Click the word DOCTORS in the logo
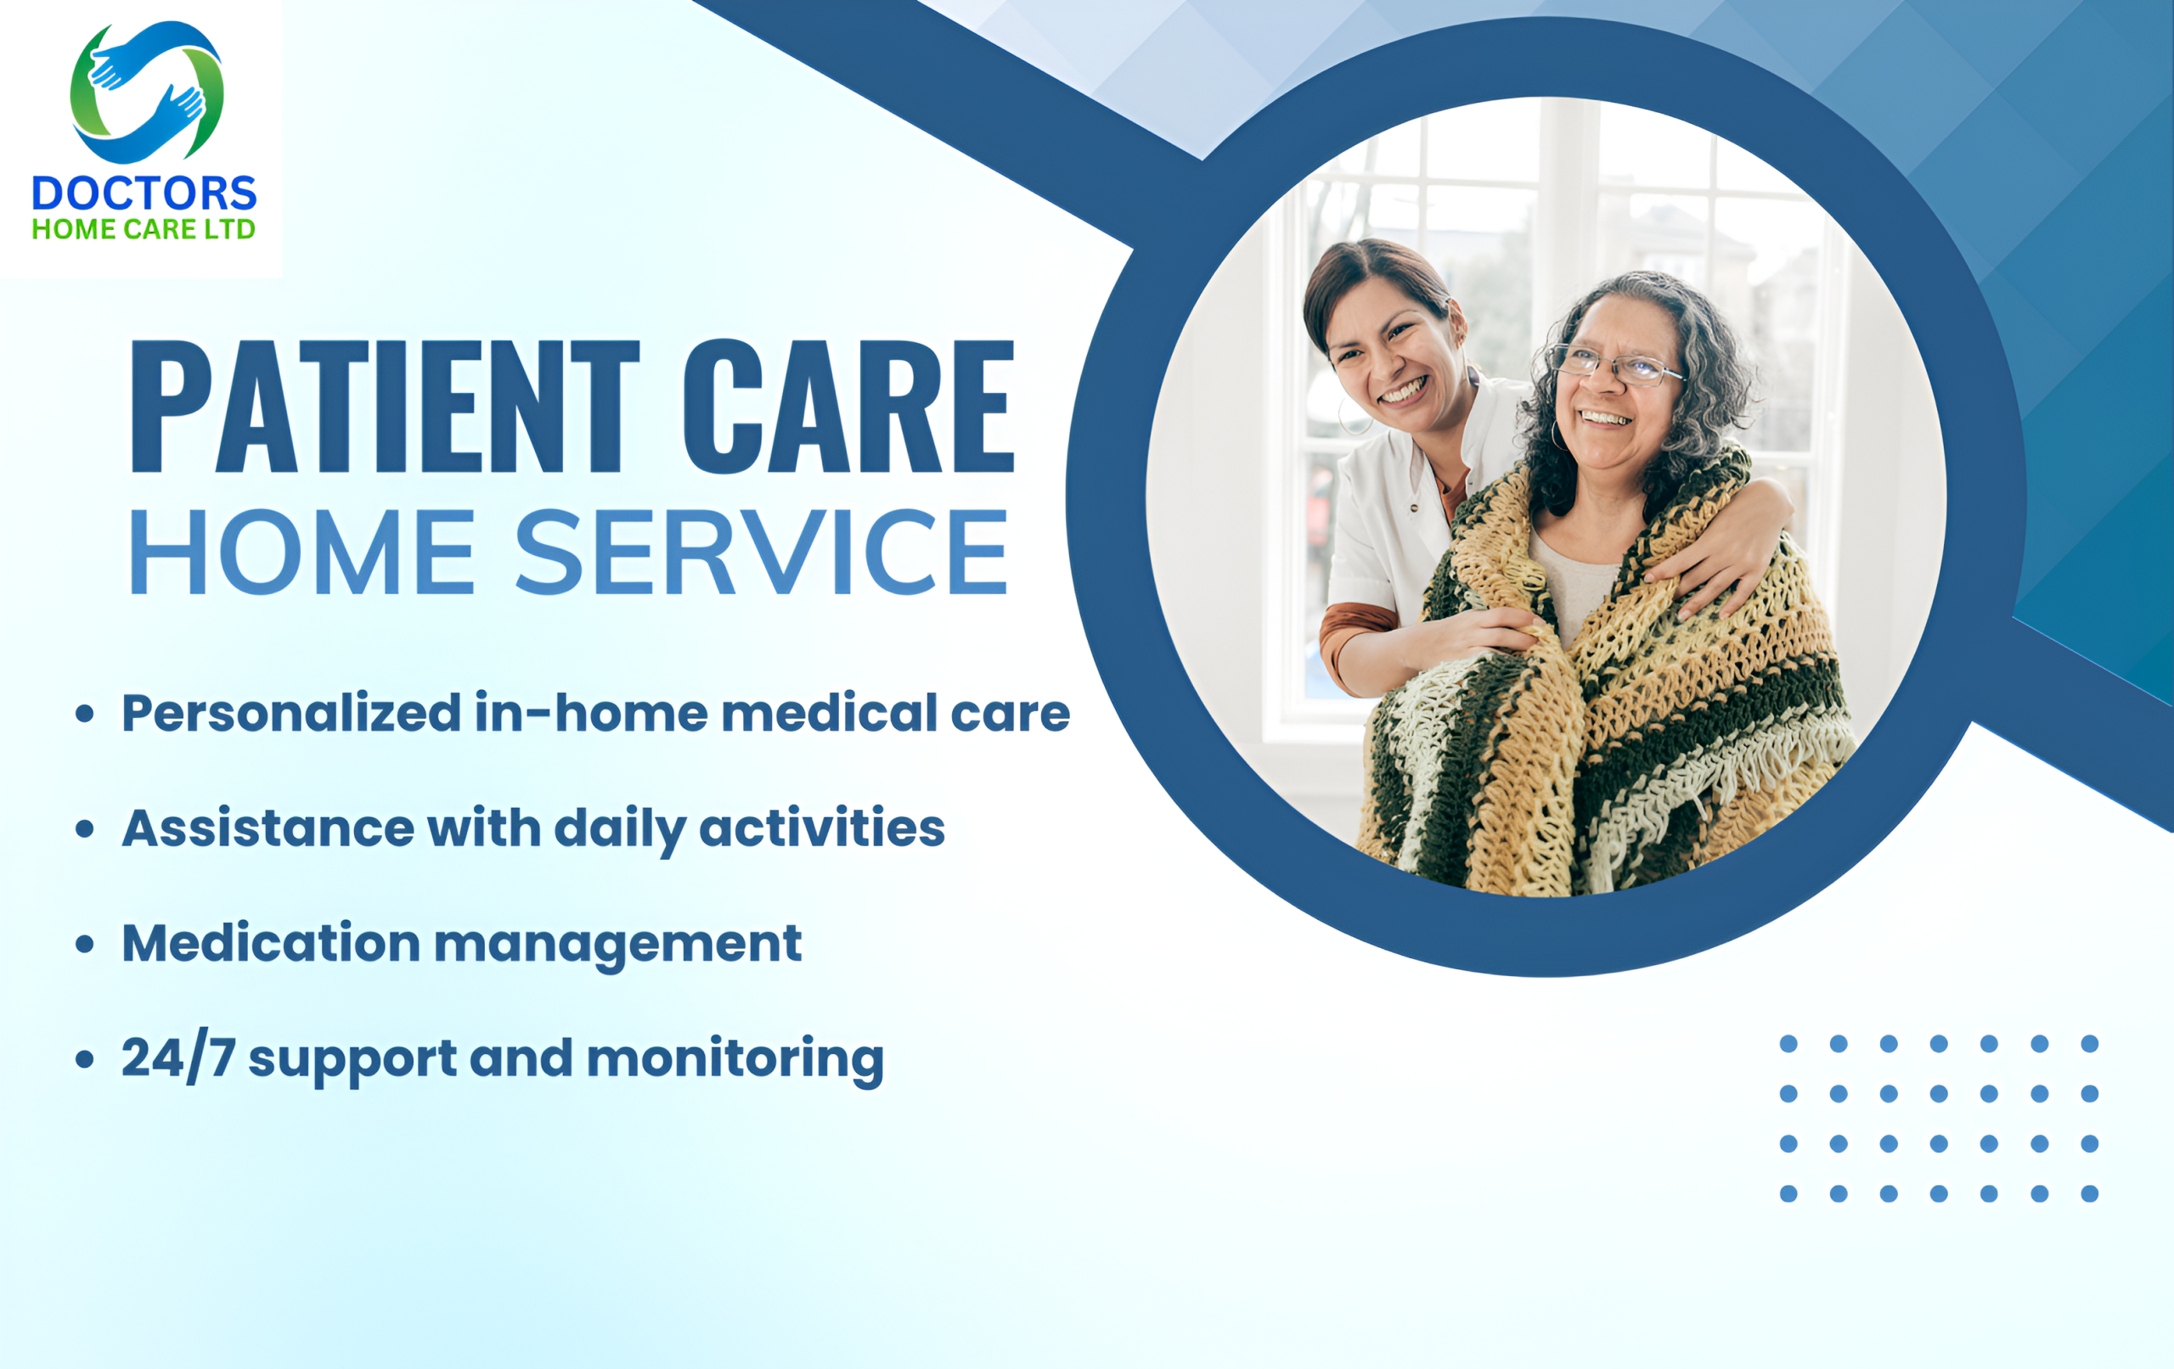coord(144,194)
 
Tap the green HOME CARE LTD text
coord(144,229)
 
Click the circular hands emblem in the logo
coord(147,92)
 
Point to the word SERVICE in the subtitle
coord(761,552)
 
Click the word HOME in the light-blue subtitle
coord(302,552)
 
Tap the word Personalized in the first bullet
coord(291,714)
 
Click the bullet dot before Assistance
coord(85,828)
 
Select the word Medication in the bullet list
coord(272,943)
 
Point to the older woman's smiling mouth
coord(1604,418)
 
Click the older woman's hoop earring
coord(1558,435)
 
